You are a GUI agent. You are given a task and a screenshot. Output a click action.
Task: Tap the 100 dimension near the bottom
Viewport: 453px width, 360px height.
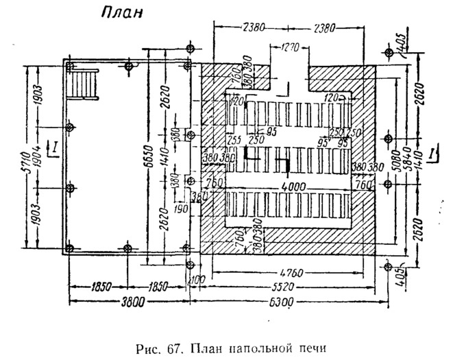coord(198,279)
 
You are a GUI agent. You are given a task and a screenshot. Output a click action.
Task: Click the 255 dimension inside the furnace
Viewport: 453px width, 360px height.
coord(234,139)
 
